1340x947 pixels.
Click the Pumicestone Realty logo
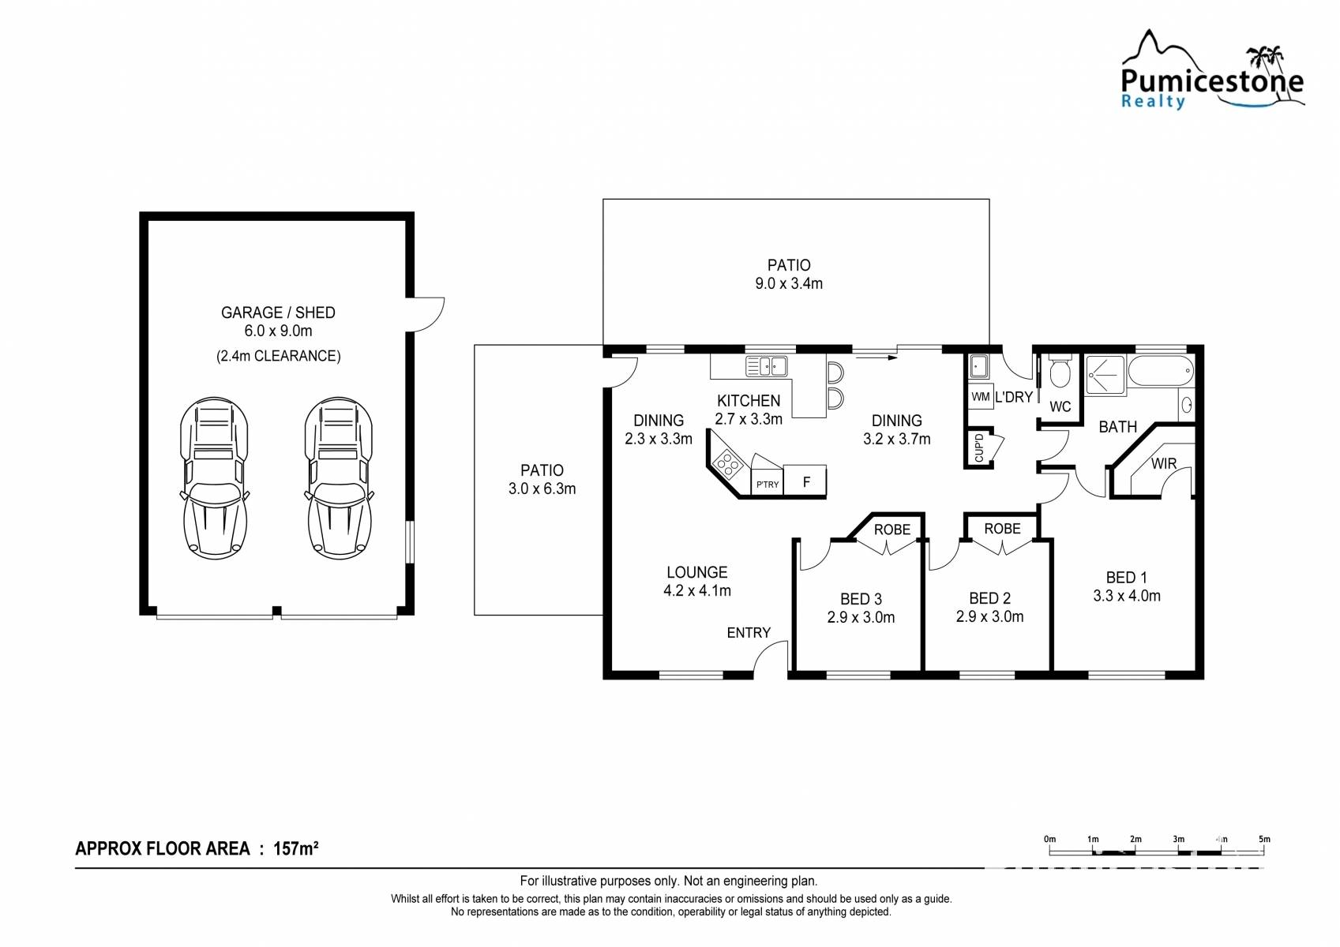click(1213, 69)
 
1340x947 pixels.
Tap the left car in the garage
click(214, 477)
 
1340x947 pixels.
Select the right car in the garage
click(340, 477)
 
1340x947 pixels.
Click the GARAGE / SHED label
click(278, 313)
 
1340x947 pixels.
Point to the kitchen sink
click(766, 366)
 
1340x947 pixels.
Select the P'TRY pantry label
click(768, 485)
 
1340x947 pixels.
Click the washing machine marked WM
click(981, 396)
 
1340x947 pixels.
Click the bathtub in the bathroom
click(1161, 371)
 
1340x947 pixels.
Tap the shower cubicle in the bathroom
click(1105, 375)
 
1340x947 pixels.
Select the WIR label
click(1164, 463)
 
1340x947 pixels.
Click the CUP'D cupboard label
click(978, 447)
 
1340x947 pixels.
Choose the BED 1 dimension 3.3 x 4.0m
click(1127, 596)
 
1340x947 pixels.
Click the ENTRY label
click(749, 633)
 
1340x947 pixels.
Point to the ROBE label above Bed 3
click(892, 529)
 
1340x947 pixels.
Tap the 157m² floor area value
click(295, 848)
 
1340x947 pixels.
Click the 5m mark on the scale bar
click(1264, 839)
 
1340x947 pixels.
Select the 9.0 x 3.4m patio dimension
click(789, 283)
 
